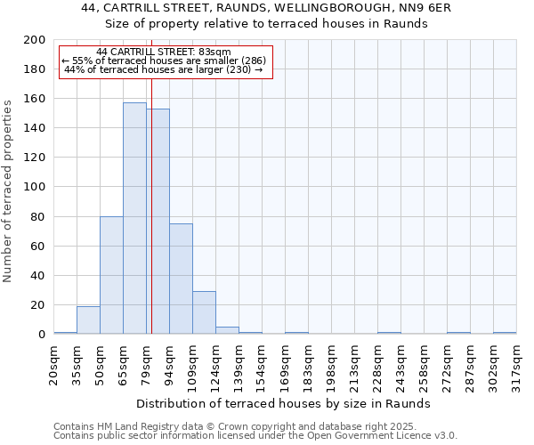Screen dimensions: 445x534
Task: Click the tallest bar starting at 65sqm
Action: pos(134,218)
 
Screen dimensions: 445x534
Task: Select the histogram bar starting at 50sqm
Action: pos(111,275)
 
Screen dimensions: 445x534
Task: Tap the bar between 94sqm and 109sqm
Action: pos(181,279)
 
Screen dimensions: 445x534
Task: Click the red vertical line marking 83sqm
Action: pos(151,222)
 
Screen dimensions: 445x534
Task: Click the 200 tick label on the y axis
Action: pos(35,40)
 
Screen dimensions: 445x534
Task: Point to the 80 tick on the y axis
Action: pos(38,216)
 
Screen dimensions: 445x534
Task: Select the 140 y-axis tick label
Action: pos(35,128)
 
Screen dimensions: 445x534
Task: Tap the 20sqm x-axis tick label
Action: pos(54,364)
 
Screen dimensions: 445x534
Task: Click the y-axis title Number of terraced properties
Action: pos(8,190)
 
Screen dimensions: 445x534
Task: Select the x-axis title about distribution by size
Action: pos(285,403)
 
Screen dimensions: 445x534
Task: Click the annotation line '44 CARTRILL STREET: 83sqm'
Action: pos(164,52)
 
